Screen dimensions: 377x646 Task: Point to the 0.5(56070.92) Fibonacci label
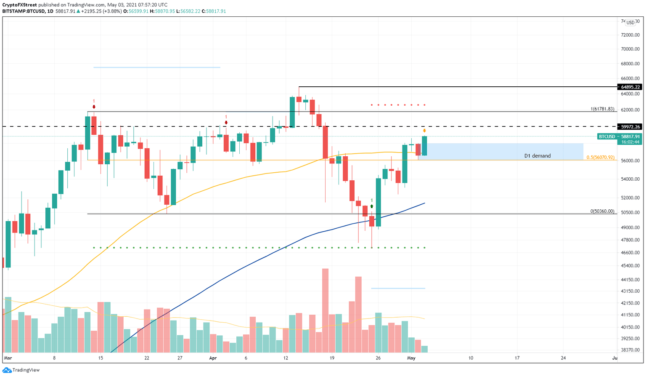pyautogui.click(x=600, y=158)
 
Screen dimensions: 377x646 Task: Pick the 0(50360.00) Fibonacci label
pyautogui.click(x=602, y=211)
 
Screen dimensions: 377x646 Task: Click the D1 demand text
pyautogui.click(x=537, y=156)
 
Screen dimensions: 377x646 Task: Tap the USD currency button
pyautogui.click(x=630, y=22)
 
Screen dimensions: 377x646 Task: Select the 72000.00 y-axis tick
pyautogui.click(x=630, y=35)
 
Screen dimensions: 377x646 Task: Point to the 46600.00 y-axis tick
pyautogui.click(x=630, y=253)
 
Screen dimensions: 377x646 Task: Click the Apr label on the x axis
pyautogui.click(x=213, y=358)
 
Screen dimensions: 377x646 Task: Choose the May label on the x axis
pyautogui.click(x=411, y=358)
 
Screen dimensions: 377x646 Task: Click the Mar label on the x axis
pyautogui.click(x=8, y=358)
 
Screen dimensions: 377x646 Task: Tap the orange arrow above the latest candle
pyautogui.click(x=424, y=131)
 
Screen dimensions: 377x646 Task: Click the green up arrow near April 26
pyautogui.click(x=372, y=206)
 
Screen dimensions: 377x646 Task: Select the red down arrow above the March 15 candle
pyautogui.click(x=94, y=107)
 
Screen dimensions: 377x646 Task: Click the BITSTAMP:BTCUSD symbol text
pyautogui.click(x=23, y=11)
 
